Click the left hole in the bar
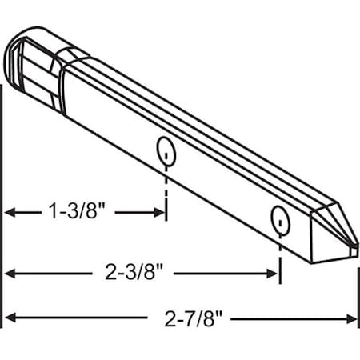pyautogui.click(x=166, y=149)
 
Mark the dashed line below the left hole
pyautogui.click(x=166, y=184)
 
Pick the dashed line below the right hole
pyautogui.click(x=279, y=252)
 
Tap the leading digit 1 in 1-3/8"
pyautogui.click(x=53, y=212)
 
